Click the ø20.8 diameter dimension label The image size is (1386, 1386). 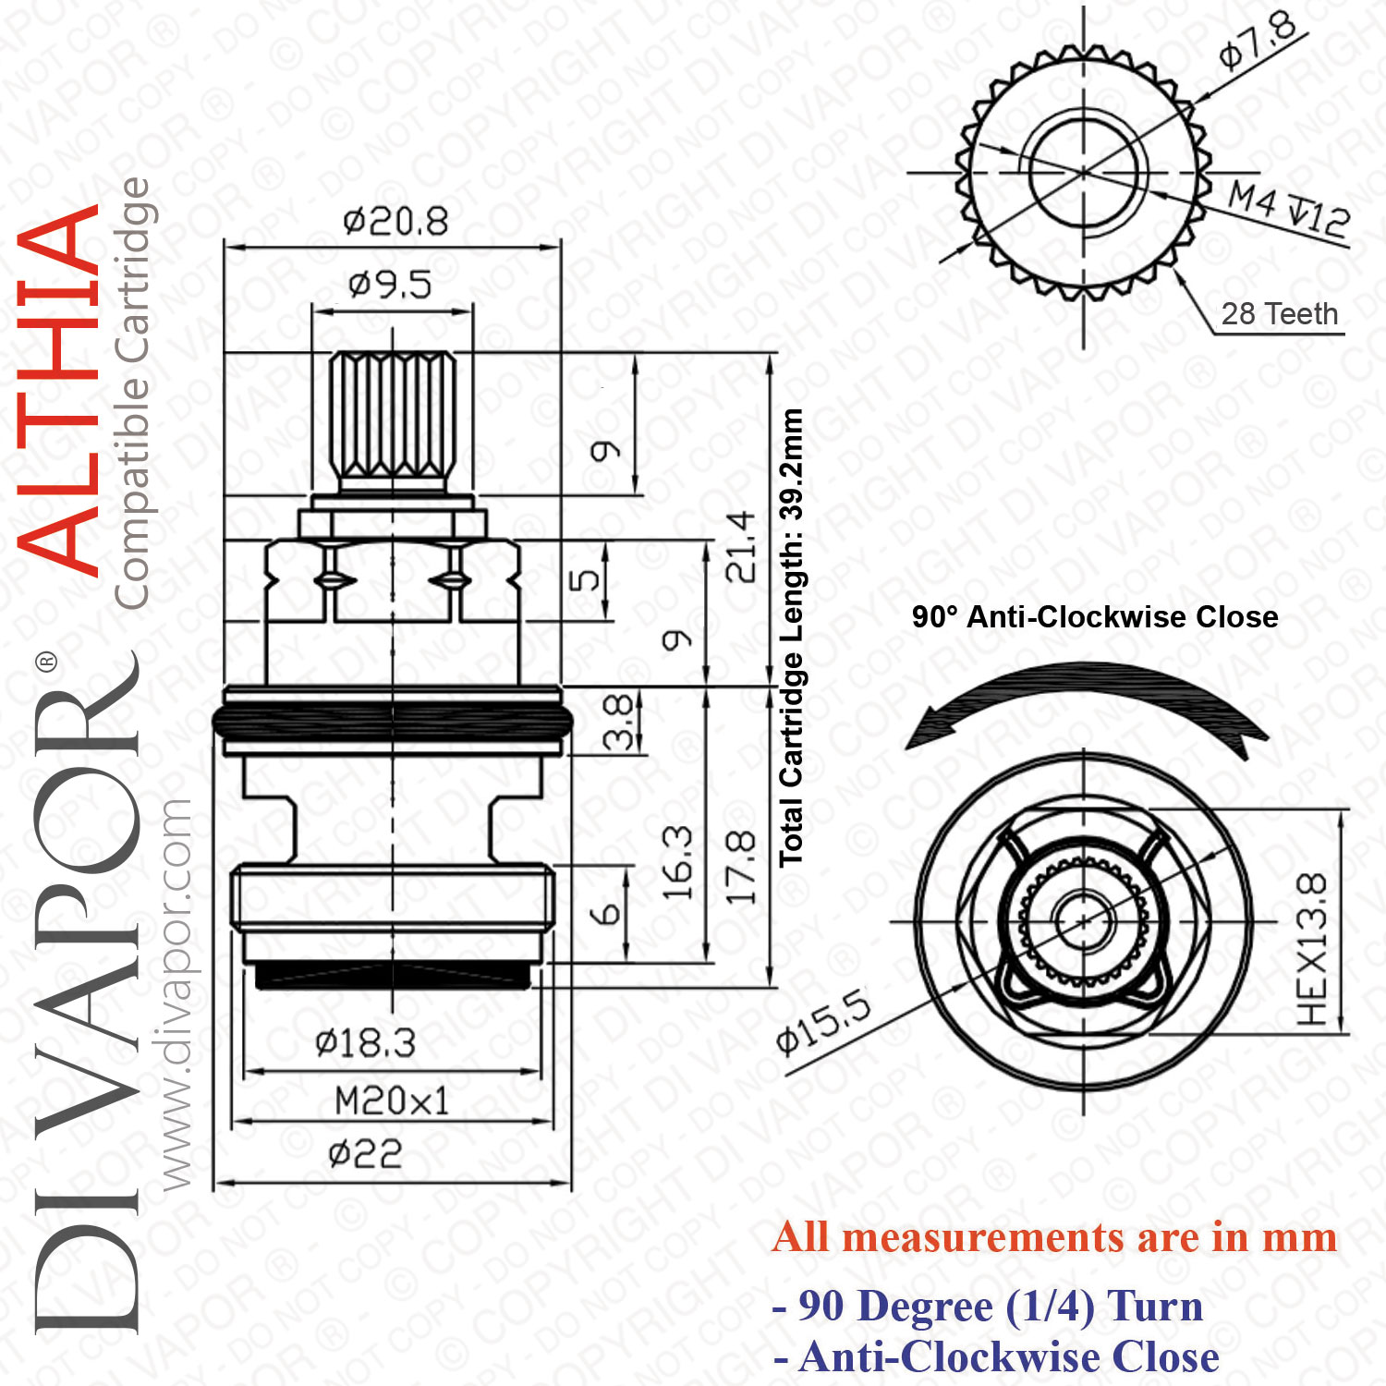point(395,222)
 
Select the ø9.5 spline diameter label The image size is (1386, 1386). point(390,285)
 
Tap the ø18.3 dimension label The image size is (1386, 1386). point(366,1043)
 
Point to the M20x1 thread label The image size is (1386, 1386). point(392,1100)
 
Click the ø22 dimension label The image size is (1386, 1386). point(366,1154)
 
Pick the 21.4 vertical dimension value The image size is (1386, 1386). point(741,547)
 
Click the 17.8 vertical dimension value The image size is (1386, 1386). point(741,867)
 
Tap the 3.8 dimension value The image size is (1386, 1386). point(618,722)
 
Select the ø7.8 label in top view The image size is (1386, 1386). point(1258,42)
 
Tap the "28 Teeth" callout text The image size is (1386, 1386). point(1280,314)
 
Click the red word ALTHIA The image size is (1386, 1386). point(59,388)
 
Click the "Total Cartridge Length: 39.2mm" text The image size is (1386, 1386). point(791,638)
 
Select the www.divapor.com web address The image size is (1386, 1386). point(176,994)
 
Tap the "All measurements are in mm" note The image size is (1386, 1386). point(1054,1237)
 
